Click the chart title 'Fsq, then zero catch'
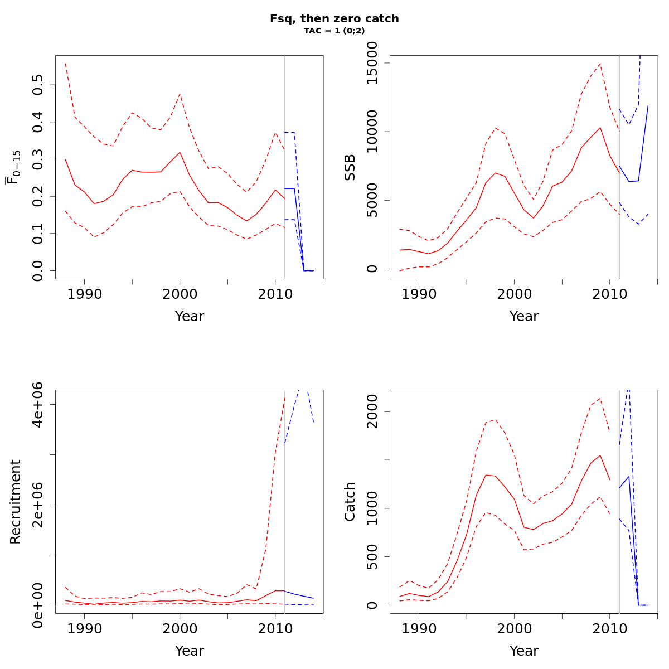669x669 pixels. [334, 19]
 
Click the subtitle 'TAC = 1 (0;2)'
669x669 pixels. [334, 31]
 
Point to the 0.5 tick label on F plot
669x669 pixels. [38, 85]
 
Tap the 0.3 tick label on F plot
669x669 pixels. [38, 159]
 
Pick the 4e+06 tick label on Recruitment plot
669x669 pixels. [38, 405]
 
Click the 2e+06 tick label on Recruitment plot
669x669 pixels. [38, 505]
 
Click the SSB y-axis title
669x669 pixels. [350, 167]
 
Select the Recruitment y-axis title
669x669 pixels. [16, 502]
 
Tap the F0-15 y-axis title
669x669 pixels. [14, 167]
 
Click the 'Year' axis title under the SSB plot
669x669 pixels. [524, 317]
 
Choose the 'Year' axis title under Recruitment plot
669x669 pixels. [190, 651]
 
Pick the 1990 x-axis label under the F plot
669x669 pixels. [84, 294]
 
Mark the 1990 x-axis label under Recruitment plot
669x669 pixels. [84, 629]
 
